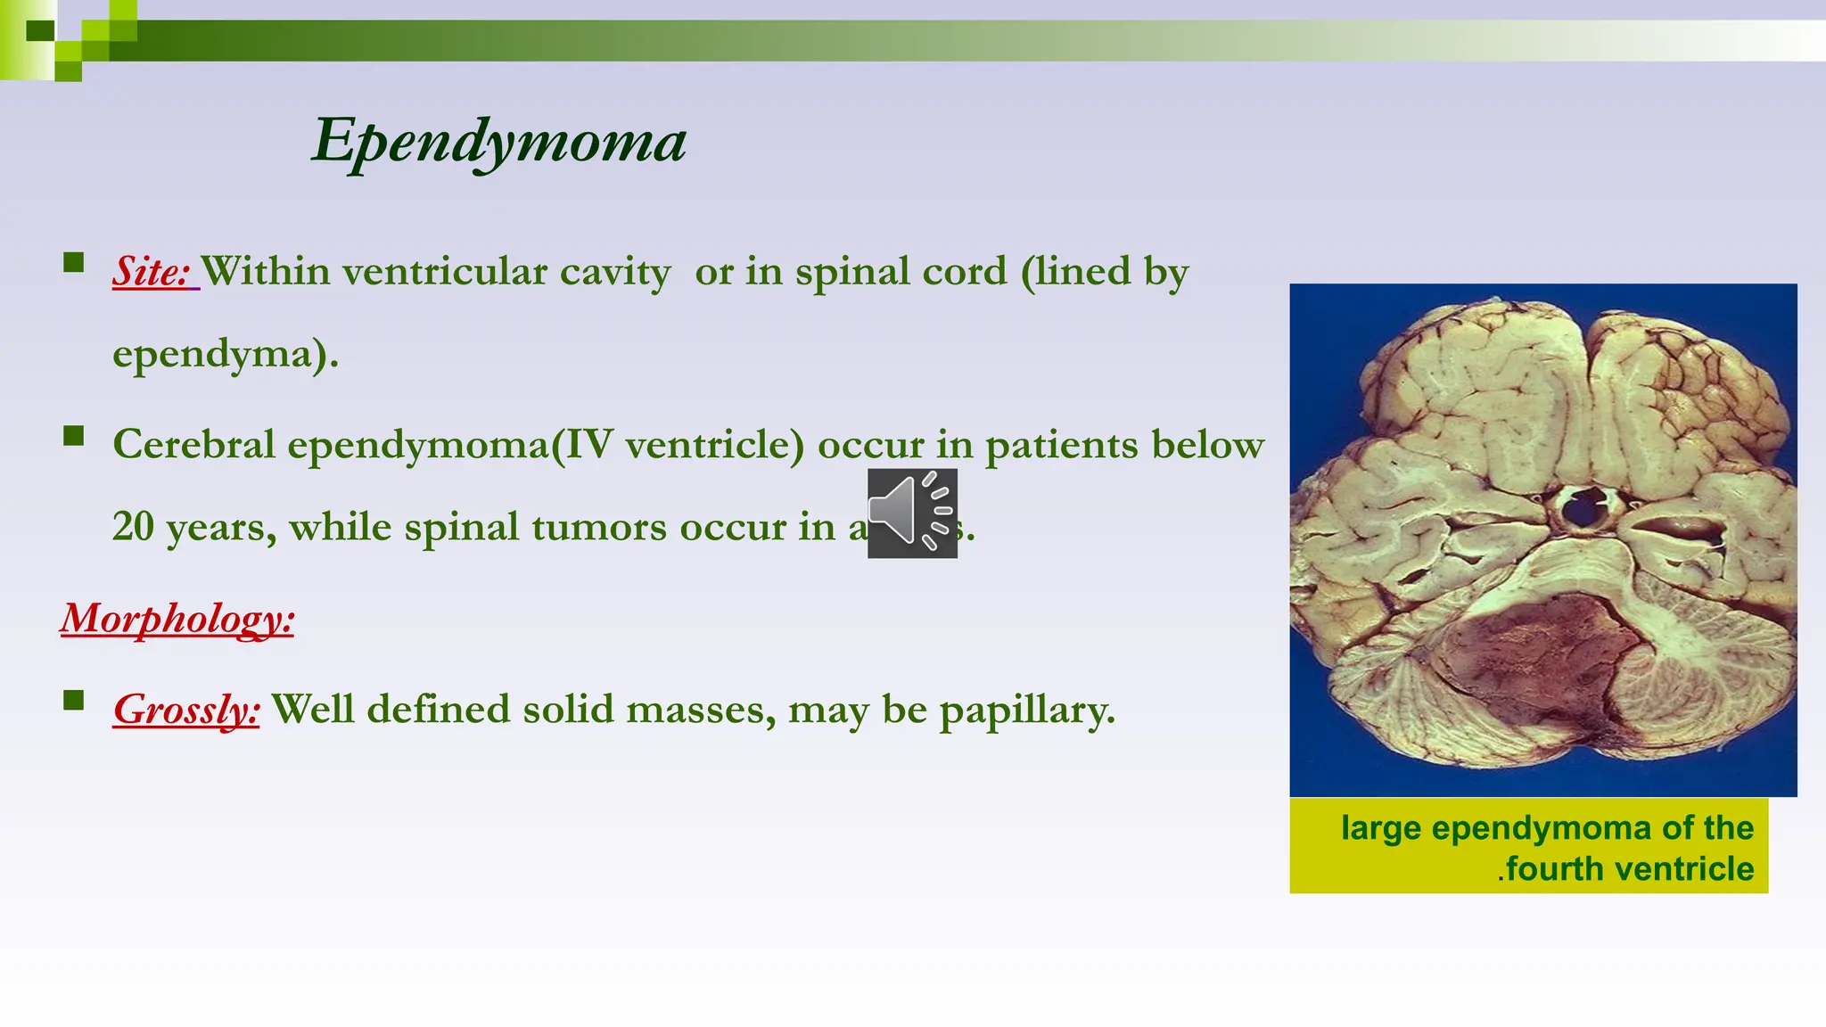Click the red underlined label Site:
152,272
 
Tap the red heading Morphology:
177,618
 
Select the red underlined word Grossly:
186,710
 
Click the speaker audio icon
912,513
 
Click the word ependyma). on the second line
226,355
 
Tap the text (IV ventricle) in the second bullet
678,445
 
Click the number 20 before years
133,527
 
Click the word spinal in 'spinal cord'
855,272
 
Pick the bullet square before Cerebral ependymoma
74,436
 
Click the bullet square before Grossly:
74,700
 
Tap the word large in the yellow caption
1380,828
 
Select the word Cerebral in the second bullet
193,445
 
